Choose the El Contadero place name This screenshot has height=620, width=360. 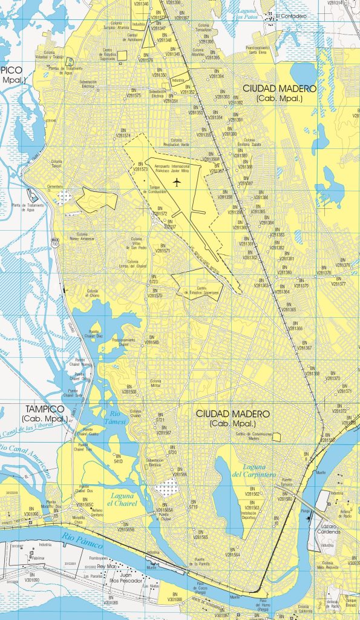coord(287,16)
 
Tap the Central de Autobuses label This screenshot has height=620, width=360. coord(140,37)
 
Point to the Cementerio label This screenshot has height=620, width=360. coord(55,187)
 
